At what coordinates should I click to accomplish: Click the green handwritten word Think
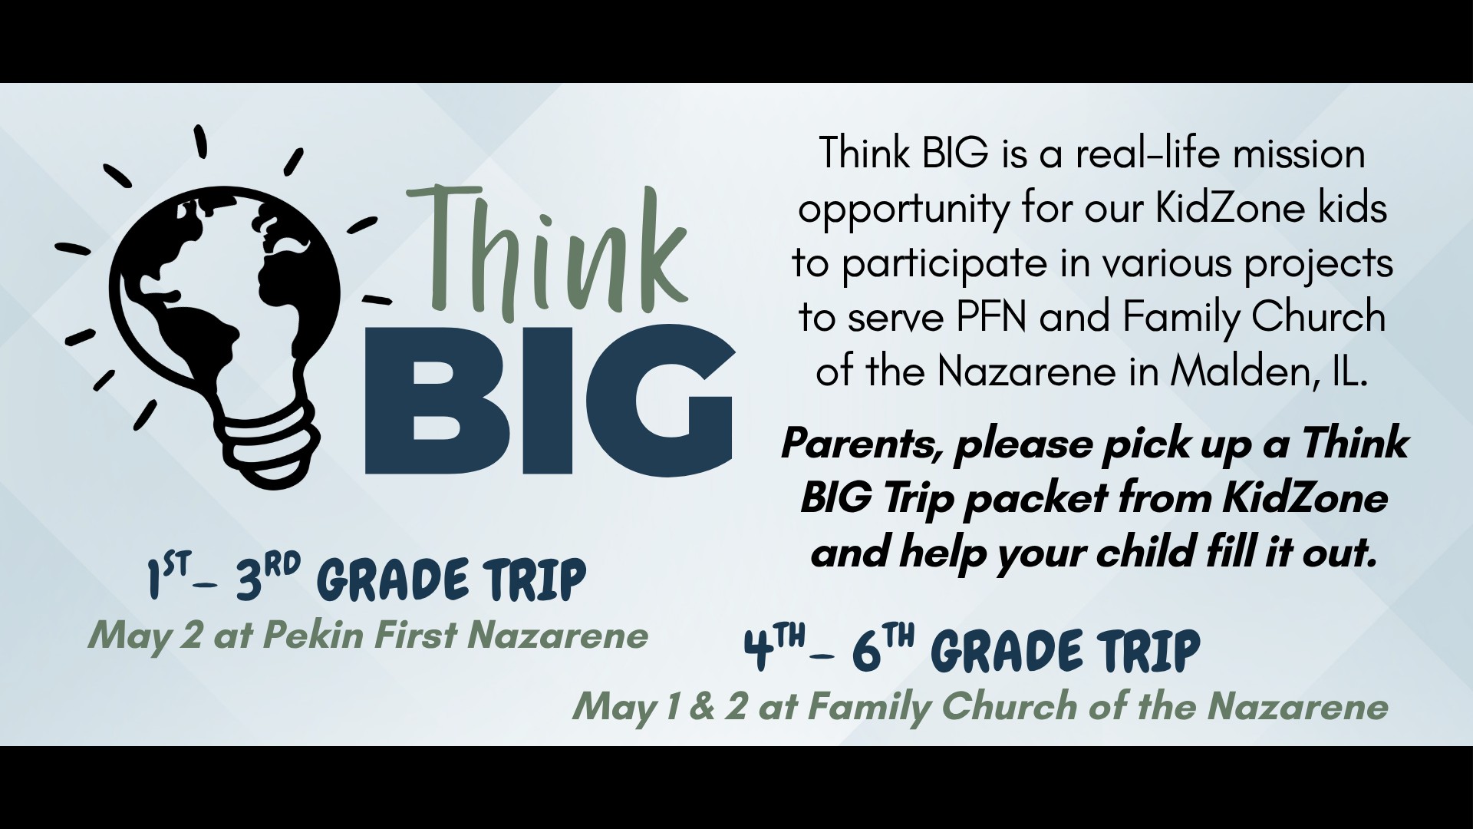547,252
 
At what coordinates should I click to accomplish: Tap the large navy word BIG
550,401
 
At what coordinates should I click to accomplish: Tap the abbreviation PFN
991,317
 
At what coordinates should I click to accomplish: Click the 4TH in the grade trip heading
776,649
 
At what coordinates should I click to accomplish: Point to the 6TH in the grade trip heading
883,649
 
